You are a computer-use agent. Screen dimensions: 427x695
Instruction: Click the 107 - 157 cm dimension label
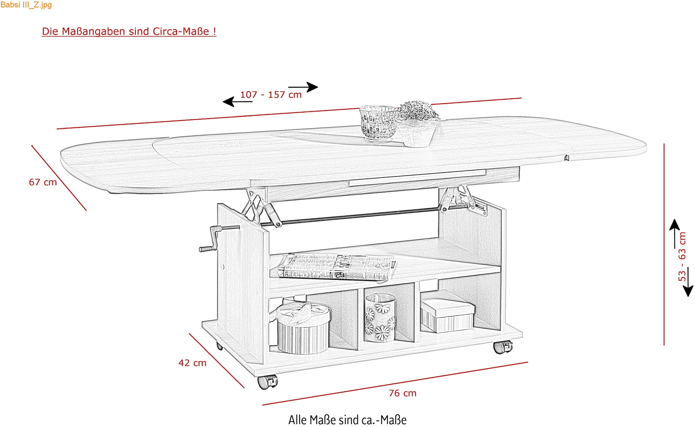[x=271, y=95]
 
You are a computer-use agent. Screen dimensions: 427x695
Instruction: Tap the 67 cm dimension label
[x=43, y=182]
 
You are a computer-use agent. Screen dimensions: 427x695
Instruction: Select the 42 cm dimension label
[x=192, y=363]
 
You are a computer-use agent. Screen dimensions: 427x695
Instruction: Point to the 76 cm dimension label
[x=403, y=393]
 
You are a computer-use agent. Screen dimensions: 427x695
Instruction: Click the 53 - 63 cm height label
[x=682, y=256]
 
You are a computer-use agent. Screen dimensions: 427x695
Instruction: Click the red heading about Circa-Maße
[x=129, y=31]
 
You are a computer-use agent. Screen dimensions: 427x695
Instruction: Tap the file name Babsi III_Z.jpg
[x=26, y=5]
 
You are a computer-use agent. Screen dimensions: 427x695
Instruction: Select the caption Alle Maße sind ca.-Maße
[x=347, y=420]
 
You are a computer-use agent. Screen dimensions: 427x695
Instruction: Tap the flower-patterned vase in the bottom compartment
[x=380, y=318]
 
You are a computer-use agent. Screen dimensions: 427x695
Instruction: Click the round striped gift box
[x=303, y=328]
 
